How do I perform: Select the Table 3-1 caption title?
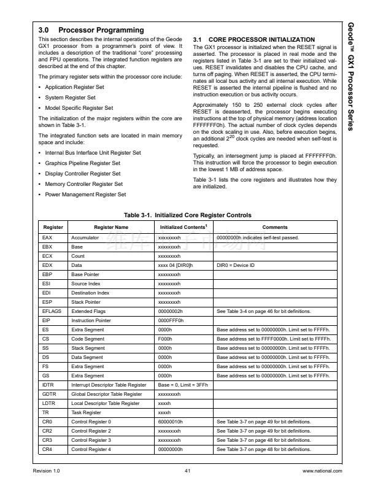(x=187, y=215)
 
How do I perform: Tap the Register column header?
(x=53, y=227)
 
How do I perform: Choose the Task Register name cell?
(x=87, y=412)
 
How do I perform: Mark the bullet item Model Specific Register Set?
(x=79, y=107)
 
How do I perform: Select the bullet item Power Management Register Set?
(x=86, y=195)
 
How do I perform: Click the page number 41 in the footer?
(x=187, y=471)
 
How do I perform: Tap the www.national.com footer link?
(x=322, y=471)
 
